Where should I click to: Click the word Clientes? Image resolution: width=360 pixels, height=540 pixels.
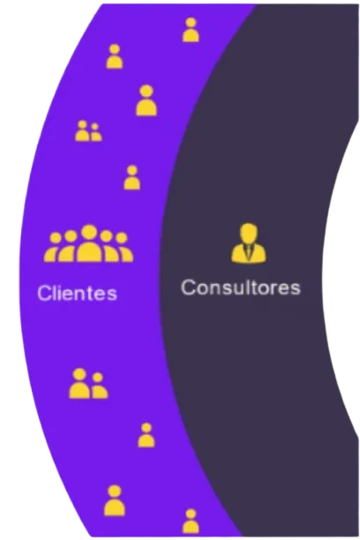click(78, 293)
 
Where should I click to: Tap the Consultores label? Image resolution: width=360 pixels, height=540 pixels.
click(241, 288)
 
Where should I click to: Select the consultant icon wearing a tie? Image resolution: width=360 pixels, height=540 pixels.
click(249, 243)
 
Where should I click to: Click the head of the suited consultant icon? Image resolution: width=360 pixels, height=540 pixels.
click(249, 233)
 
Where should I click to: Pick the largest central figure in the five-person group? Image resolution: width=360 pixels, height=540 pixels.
click(89, 244)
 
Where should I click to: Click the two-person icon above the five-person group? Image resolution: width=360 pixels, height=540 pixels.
click(88, 131)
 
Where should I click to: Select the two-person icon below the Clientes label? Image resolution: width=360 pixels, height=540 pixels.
click(88, 383)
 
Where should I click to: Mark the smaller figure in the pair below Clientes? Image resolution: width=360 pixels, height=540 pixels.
click(99, 386)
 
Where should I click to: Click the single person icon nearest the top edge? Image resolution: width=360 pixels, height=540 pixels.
click(191, 30)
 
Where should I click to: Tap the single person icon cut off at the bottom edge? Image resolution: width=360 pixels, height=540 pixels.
click(191, 521)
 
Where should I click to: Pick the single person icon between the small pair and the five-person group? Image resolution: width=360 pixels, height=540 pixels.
click(132, 177)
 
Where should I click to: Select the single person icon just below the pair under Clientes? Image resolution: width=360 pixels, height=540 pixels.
click(146, 435)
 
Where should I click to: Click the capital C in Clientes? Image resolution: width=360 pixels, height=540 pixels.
click(42, 293)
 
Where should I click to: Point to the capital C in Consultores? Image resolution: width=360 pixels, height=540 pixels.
click(188, 288)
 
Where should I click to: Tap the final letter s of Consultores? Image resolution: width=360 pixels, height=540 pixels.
click(296, 289)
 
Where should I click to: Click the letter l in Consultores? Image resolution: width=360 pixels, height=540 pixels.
click(239, 287)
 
